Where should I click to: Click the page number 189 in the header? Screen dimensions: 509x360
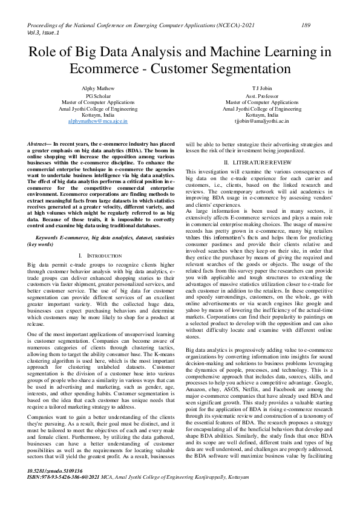point(306,26)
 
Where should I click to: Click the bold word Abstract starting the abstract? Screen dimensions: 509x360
point(40,144)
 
